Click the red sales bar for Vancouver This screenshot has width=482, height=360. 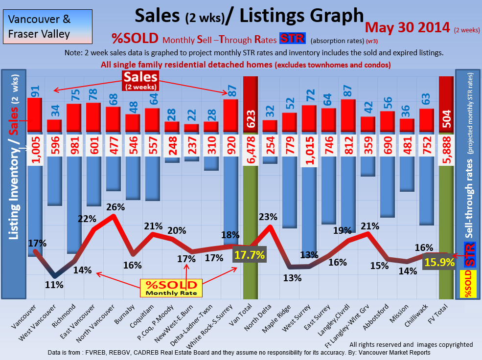[34, 114]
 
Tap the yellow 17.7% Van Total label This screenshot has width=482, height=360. [250, 255]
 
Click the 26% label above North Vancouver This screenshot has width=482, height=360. [115, 207]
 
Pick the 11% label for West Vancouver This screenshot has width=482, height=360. [54, 284]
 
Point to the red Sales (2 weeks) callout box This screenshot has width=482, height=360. [140, 80]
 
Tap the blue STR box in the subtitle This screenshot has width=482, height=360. [292, 39]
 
